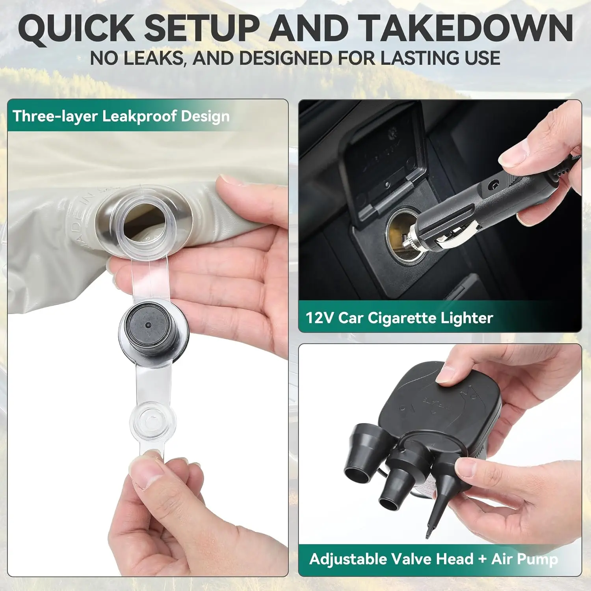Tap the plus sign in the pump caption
coord(482,559)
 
